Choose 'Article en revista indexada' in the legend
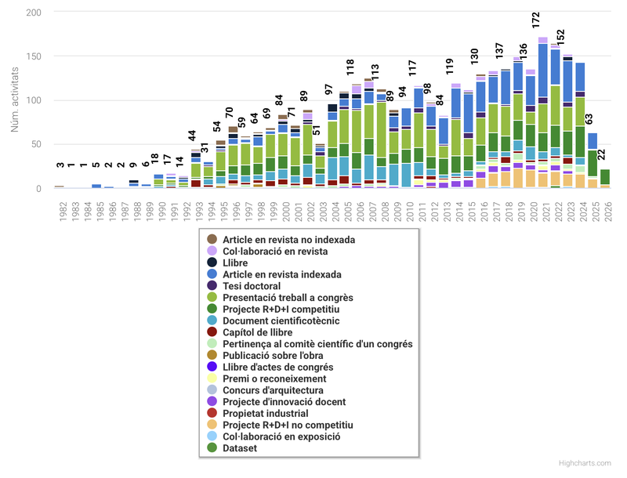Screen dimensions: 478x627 [x=281, y=274]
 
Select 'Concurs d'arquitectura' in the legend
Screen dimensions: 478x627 [x=273, y=390]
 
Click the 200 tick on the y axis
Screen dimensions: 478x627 [x=34, y=13]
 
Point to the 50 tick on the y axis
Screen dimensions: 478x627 [x=38, y=144]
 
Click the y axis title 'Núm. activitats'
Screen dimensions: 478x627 [x=15, y=100]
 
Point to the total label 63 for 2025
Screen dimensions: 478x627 [x=589, y=120]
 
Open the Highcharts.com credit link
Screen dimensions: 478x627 [x=585, y=464]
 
